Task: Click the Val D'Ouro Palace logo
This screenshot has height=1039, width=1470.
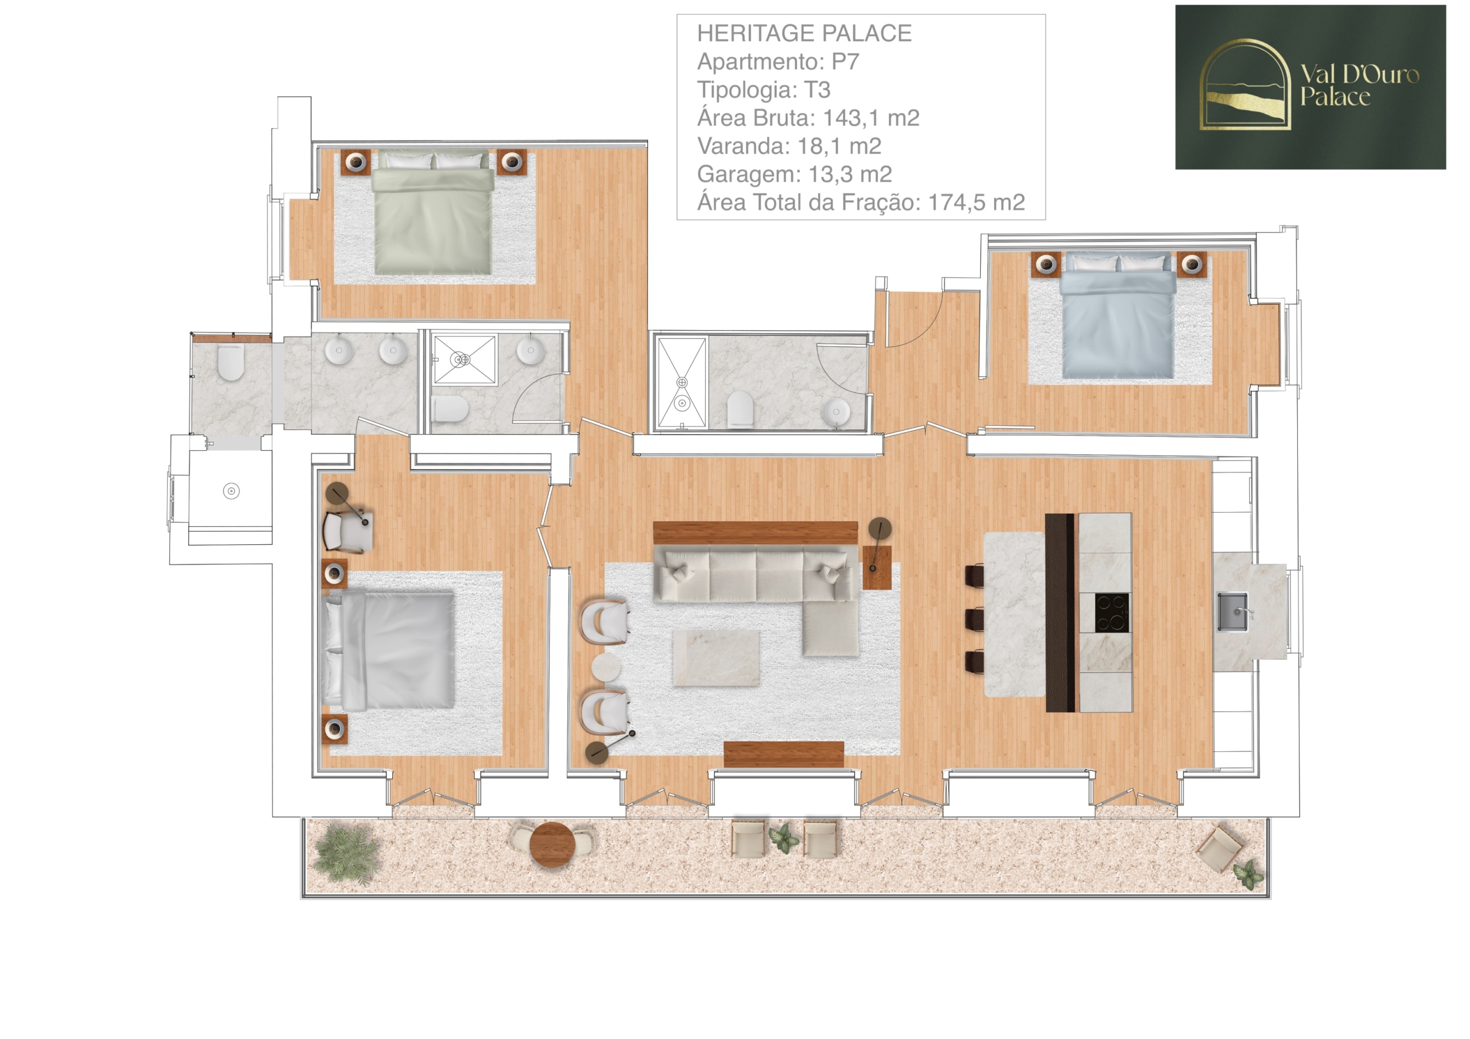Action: (1310, 87)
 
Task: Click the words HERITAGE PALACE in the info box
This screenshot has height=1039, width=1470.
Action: (804, 33)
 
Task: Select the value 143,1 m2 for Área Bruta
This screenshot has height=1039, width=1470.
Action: (871, 118)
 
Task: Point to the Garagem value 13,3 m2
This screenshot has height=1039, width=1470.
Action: (850, 174)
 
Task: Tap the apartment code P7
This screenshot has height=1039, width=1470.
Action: (845, 61)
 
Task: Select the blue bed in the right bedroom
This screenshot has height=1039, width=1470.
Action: (1118, 315)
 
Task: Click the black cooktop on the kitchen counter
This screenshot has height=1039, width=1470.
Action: (1112, 612)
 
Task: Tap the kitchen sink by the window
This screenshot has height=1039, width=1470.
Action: (1232, 611)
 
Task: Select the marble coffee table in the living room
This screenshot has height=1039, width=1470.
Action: (716, 658)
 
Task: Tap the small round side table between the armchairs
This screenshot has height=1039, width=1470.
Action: (606, 667)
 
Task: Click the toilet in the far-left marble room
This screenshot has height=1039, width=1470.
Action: (230, 362)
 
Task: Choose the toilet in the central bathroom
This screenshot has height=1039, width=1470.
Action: (740, 410)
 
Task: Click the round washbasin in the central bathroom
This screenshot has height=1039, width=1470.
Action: (835, 411)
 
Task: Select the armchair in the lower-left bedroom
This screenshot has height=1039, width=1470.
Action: (346, 531)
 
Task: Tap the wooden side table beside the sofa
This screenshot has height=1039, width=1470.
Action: (876, 567)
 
